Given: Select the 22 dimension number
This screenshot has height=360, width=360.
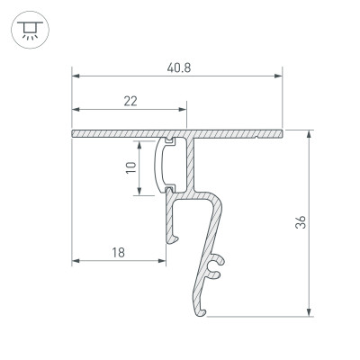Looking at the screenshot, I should coord(130,101).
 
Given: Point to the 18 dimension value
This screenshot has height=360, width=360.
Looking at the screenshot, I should coord(119,253).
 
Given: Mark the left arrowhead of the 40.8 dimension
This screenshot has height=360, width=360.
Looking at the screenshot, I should coord(75,76).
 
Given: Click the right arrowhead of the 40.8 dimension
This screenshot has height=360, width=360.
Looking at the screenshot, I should coord(279,76).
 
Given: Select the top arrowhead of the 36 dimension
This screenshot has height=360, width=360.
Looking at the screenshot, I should coord(311,134).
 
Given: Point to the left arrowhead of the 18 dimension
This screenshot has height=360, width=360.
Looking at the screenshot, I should coord(75,263).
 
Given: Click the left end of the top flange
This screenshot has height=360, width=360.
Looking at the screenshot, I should coord(73,134).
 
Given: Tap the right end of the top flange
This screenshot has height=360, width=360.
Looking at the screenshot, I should coord(280,134).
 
